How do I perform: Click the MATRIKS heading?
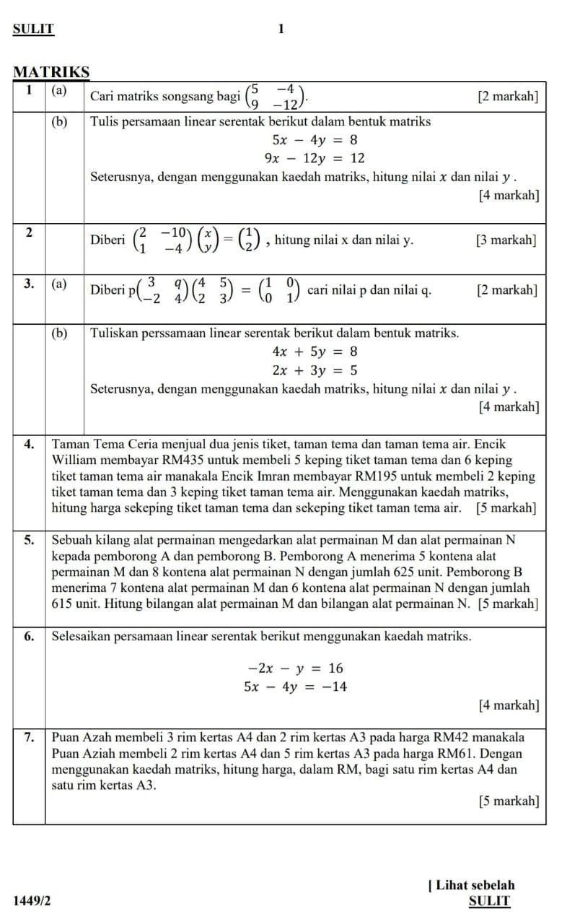point(52,73)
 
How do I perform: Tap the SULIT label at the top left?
point(33,29)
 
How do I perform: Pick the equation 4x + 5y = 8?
point(315,352)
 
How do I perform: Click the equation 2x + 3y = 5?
point(315,370)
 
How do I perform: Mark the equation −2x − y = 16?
point(296,668)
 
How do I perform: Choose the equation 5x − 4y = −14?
point(296,687)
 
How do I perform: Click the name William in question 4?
point(76,460)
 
